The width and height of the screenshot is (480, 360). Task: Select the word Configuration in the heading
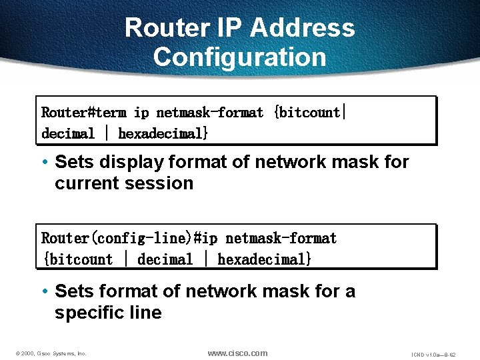240,57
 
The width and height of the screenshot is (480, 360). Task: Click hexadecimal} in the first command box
163,134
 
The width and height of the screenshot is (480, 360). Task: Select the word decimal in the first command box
68,134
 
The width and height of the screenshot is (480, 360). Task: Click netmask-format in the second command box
281,239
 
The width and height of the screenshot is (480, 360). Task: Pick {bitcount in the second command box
77,260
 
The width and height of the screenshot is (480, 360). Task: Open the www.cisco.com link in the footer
237,353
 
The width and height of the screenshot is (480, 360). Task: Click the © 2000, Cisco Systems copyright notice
49,353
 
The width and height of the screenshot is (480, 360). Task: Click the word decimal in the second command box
165,260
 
